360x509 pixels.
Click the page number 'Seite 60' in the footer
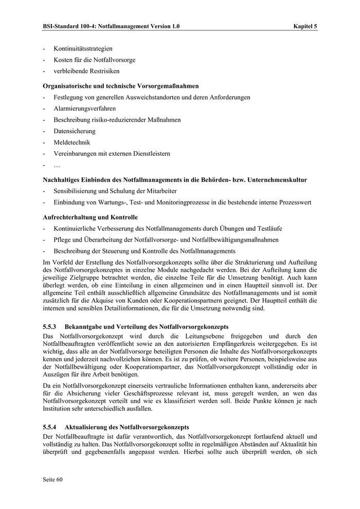coord(52,480)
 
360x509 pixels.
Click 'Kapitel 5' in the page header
coord(305,26)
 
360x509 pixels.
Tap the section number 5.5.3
coord(50,326)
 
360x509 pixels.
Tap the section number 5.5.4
coord(50,427)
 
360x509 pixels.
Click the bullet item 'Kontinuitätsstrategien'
coord(83,49)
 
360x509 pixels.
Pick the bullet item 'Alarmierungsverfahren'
coord(84,108)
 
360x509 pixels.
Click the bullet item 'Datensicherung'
coord(75,131)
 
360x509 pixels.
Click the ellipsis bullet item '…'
coord(57,165)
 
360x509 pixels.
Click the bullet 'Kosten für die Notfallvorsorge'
coord(95,60)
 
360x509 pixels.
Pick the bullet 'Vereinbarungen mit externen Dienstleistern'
coord(112,154)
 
